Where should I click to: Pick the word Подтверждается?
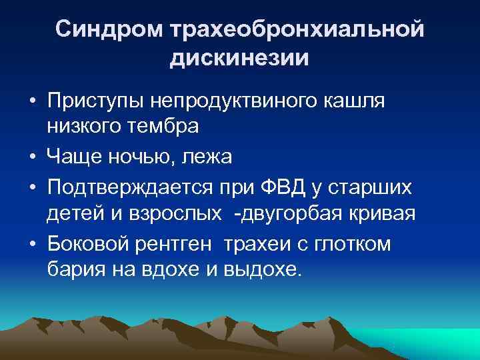[123, 189]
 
